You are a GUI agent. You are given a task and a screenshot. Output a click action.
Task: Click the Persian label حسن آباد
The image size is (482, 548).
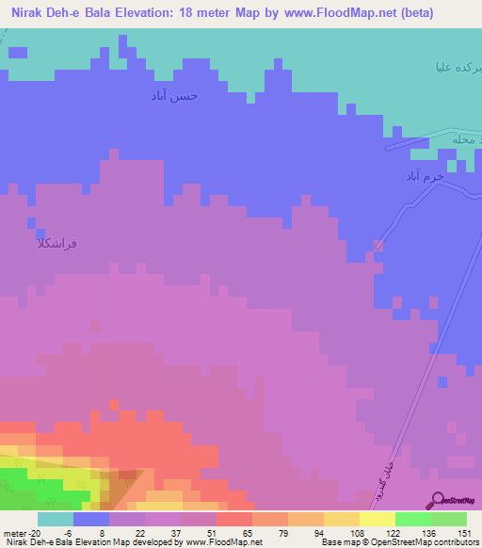[175, 96]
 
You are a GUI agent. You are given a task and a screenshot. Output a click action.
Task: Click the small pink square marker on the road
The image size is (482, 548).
[378, 246]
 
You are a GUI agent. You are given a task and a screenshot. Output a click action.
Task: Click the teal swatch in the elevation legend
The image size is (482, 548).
[56, 519]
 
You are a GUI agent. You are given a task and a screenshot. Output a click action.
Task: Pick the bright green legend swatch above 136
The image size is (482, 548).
[413, 519]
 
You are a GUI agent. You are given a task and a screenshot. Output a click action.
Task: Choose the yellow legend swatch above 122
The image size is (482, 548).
[378, 519]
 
